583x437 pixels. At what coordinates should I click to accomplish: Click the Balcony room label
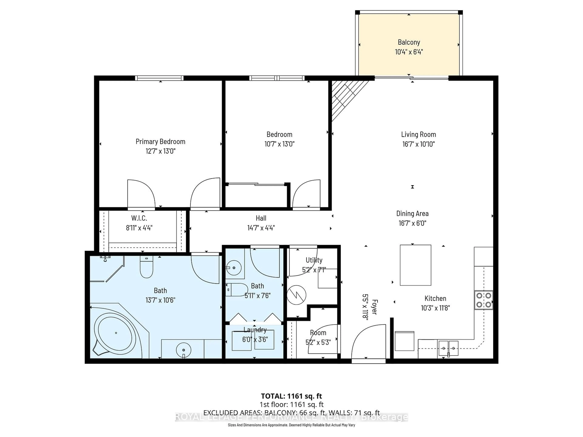tap(409, 42)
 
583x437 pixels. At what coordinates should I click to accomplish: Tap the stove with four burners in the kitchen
tap(484, 300)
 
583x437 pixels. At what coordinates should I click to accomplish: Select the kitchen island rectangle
tap(415, 265)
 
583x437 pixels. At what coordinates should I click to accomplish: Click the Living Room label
tap(418, 134)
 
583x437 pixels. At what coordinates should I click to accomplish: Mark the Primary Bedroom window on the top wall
tap(159, 78)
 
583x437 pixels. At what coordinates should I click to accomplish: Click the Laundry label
tap(255, 330)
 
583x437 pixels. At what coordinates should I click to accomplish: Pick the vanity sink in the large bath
tap(183, 350)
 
